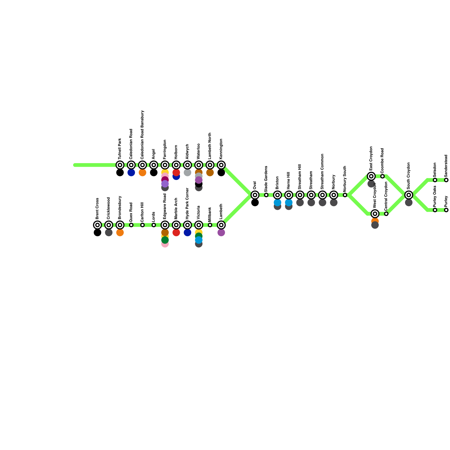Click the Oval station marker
(x=255, y=195)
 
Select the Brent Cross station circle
(x=97, y=225)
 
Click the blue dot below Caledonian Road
(x=131, y=173)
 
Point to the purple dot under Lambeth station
(x=221, y=233)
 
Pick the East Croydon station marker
(x=371, y=176)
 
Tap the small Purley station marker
(x=446, y=210)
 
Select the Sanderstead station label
(x=446, y=166)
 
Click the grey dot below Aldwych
(x=187, y=173)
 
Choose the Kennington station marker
(x=221, y=165)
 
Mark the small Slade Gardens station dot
(x=266, y=195)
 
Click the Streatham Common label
(x=322, y=171)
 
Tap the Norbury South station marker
(x=345, y=195)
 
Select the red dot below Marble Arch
(x=176, y=233)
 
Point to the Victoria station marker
(x=199, y=225)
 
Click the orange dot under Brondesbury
(x=120, y=233)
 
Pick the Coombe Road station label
(x=382, y=161)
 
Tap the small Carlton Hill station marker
(x=142, y=225)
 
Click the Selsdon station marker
(x=435, y=180)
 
